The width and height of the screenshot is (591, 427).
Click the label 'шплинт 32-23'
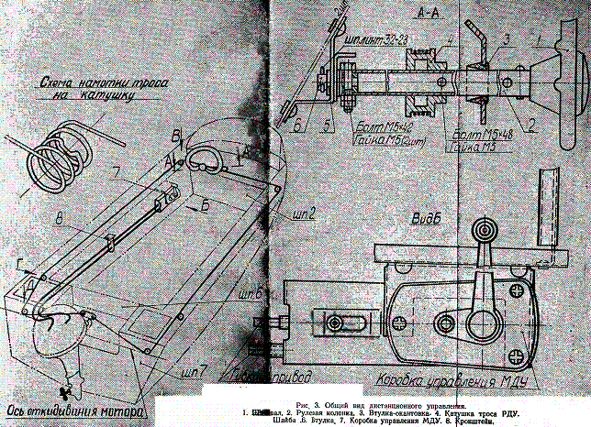click(x=349, y=41)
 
